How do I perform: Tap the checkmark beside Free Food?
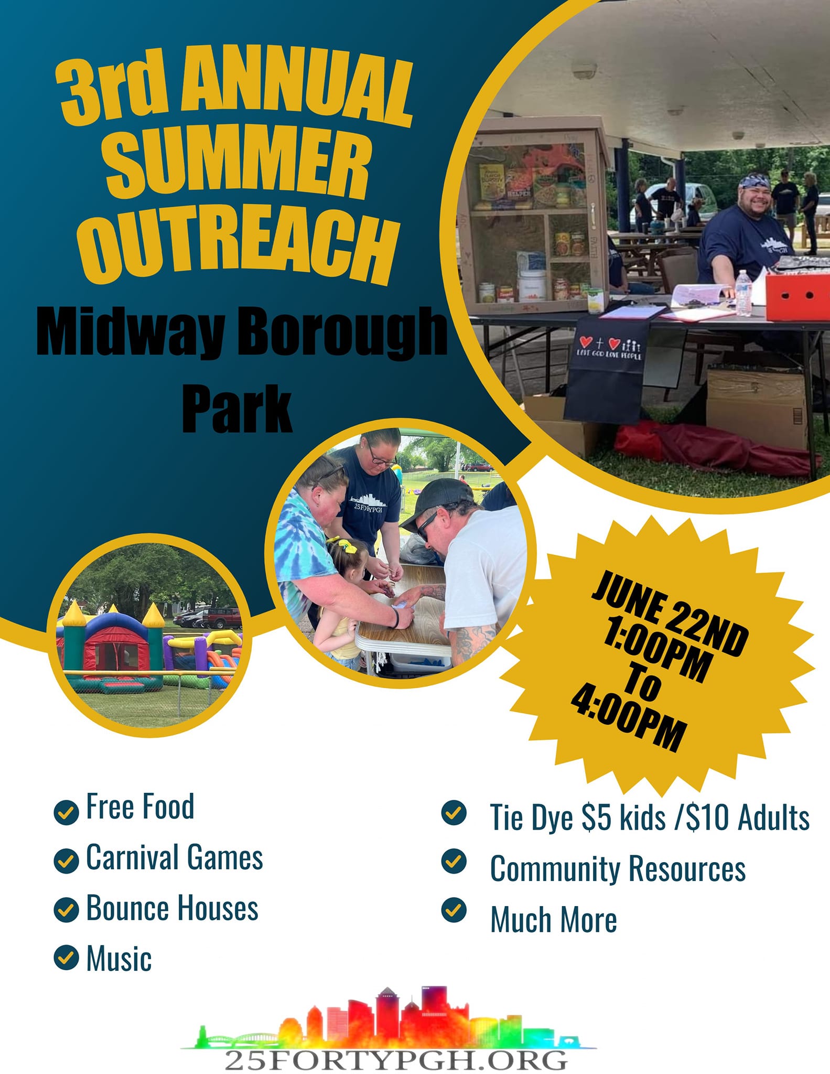(66, 812)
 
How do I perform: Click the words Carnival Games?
(175, 858)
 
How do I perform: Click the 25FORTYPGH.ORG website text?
(396, 1060)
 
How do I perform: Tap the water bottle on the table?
(742, 294)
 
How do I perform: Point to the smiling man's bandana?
(755, 181)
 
